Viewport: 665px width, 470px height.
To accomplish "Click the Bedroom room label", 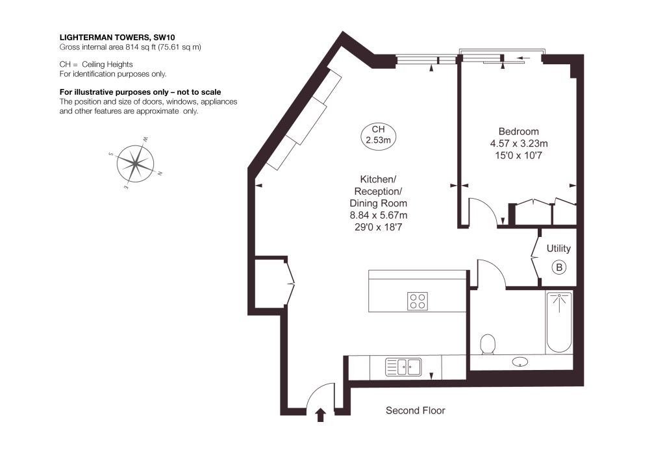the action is [x=518, y=131].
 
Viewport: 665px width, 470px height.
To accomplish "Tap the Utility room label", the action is [x=558, y=249].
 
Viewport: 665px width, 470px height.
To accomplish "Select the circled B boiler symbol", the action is [x=559, y=267].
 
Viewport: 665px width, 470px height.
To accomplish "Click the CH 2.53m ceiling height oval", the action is [x=378, y=135].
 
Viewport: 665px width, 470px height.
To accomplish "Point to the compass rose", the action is [x=135, y=163].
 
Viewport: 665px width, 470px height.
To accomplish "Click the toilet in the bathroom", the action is [x=488, y=343].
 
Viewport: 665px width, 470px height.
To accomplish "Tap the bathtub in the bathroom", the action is [x=559, y=322].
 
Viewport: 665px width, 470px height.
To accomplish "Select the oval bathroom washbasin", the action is [x=520, y=362].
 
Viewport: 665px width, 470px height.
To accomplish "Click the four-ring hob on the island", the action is [x=418, y=301].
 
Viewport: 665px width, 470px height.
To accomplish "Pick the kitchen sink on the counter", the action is [x=403, y=367].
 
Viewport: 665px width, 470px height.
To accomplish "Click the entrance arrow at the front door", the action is [x=321, y=415].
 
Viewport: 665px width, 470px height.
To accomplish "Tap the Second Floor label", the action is [x=415, y=410].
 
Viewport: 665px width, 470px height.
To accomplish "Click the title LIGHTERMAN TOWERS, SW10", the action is [x=117, y=38].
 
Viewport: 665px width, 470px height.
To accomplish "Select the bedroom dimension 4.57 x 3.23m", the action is [x=519, y=143].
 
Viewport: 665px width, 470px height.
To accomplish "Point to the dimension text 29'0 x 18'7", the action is [x=378, y=227].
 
